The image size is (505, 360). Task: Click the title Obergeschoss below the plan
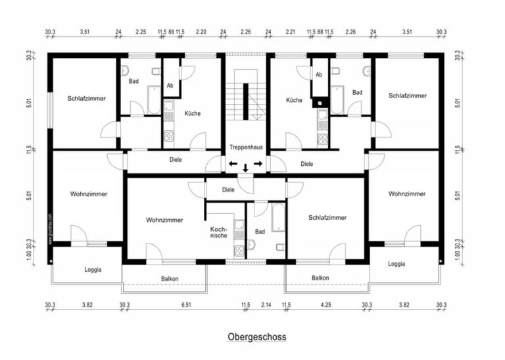(257, 336)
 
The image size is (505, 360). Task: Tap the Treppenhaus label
(245, 147)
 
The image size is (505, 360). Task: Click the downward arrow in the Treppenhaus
(245, 168)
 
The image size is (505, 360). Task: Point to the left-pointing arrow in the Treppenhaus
(233, 163)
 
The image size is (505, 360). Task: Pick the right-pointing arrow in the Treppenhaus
(258, 163)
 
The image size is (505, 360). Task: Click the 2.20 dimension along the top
(201, 31)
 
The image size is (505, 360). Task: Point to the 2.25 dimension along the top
(141, 31)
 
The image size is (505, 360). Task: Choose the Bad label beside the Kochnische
(260, 232)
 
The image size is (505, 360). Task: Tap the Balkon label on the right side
(320, 278)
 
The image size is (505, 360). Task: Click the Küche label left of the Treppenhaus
(193, 113)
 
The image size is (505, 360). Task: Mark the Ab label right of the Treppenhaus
(320, 74)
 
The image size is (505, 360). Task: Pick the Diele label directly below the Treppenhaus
(228, 190)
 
